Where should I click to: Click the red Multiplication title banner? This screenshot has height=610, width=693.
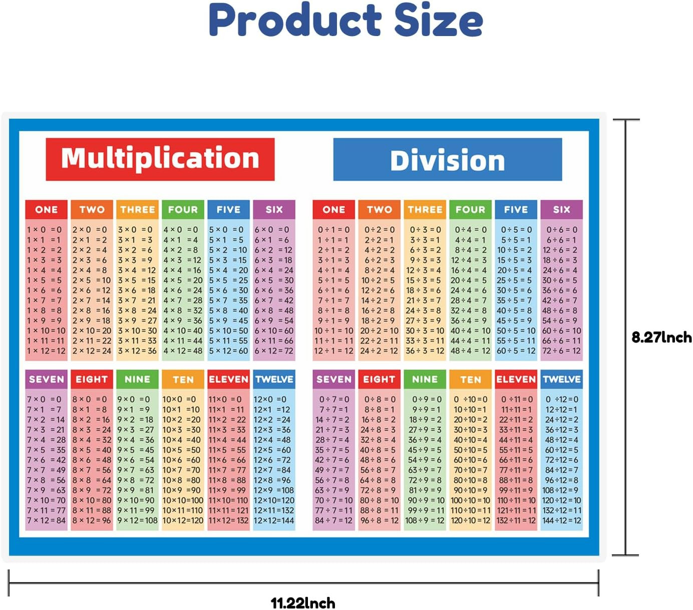[x=160, y=159]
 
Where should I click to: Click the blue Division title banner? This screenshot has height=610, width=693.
[x=447, y=160]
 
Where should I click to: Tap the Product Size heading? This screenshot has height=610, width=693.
[x=346, y=20]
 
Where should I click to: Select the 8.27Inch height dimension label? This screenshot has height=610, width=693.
[x=661, y=337]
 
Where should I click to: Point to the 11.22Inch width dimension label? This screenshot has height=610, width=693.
[x=303, y=602]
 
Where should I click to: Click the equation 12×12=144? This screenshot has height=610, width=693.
[x=274, y=520]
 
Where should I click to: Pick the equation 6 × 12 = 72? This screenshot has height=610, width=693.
[x=274, y=351]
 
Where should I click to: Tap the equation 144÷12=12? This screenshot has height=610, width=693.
[x=562, y=520]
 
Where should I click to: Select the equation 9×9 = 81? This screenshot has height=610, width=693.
[x=137, y=490]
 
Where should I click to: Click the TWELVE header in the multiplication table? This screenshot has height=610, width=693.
[x=274, y=379]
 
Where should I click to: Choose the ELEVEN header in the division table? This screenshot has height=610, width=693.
[x=516, y=379]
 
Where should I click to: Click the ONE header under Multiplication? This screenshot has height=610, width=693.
[x=46, y=209]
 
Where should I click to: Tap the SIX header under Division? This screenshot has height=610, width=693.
[x=561, y=209]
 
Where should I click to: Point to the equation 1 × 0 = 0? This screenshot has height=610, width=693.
[x=45, y=229]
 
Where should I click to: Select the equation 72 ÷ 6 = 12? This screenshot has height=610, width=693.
[x=561, y=351]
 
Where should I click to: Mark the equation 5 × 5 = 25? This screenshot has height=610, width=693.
[x=228, y=280]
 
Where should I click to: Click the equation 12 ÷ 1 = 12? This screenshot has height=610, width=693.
[x=333, y=351]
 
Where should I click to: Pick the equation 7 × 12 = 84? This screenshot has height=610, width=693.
[x=46, y=520]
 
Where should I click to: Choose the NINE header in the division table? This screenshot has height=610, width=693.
[x=425, y=379]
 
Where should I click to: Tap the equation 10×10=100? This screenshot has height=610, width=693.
[x=183, y=500]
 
